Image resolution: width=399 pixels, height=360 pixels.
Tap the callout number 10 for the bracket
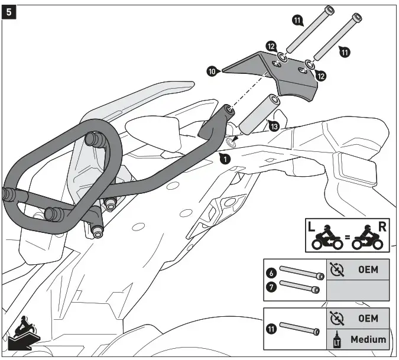212,71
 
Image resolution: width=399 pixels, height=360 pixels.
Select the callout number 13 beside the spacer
273,126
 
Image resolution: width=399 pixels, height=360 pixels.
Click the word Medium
368,339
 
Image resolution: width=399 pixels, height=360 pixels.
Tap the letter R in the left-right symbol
382,226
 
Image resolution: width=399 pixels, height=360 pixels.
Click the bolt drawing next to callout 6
301,274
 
